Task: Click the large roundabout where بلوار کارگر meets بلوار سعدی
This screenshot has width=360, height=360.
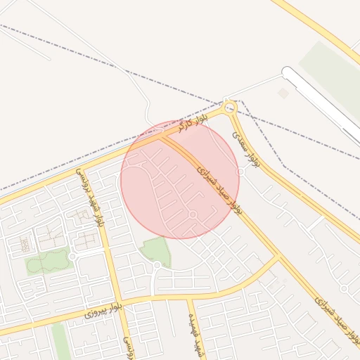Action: pyautogui.click(x=229, y=108)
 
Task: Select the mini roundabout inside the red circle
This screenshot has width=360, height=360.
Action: pyautogui.click(x=193, y=214)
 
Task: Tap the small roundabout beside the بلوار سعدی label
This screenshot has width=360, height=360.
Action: pyautogui.click(x=240, y=171)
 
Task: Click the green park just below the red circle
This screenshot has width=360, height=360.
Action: pyautogui.click(x=155, y=251)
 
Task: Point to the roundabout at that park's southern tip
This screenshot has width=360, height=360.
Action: pyautogui.click(x=157, y=265)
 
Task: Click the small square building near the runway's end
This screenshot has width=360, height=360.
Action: pyautogui.click(x=283, y=93)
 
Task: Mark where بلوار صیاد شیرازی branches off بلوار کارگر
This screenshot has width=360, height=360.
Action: pyautogui.click(x=163, y=137)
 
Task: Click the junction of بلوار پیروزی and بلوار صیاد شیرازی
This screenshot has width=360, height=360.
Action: pyautogui.click(x=280, y=257)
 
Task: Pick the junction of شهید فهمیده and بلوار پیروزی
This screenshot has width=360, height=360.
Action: pyautogui.click(x=188, y=298)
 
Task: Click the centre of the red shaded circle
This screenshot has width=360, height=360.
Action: pyautogui.click(x=180, y=180)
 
